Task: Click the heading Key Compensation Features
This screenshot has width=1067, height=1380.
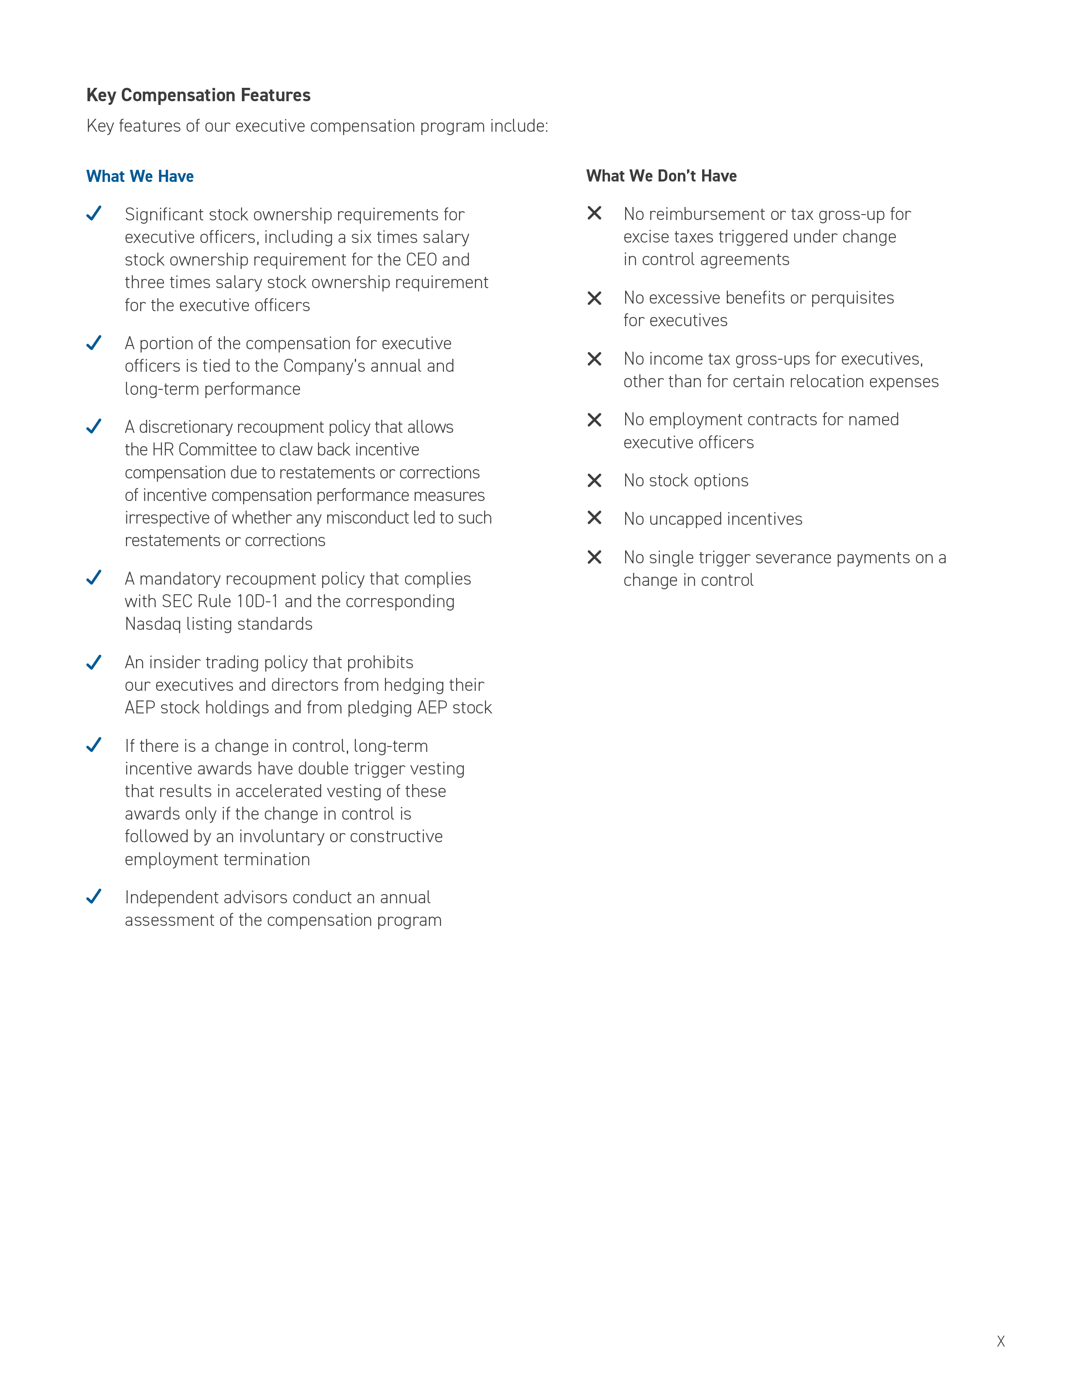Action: [198, 95]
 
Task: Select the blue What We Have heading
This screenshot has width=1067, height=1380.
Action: [140, 176]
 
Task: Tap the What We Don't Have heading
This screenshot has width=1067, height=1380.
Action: [661, 176]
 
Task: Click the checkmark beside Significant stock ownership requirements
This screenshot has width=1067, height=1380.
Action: [94, 214]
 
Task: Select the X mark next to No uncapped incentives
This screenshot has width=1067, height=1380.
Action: [594, 518]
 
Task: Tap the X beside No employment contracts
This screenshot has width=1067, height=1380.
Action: [594, 419]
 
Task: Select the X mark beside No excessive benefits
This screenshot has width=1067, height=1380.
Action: [594, 298]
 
